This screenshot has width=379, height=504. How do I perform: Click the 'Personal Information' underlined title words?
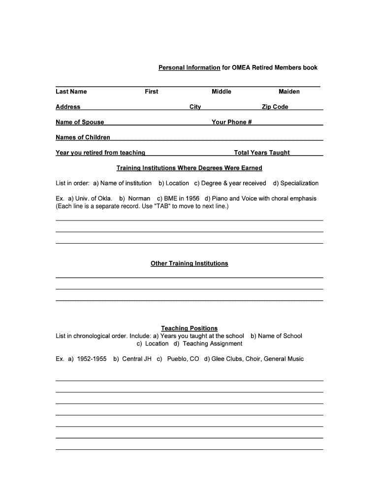189,67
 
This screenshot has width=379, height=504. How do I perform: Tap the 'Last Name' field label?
71,92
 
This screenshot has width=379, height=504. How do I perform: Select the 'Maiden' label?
289,92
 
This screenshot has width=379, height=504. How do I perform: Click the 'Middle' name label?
221,92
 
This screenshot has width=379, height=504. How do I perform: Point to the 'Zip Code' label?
275,107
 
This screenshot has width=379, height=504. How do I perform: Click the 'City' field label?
195,107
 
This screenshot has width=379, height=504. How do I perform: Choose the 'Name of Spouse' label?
80,122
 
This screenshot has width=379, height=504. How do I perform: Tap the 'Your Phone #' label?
231,122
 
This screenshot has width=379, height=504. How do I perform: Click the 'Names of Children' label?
83,137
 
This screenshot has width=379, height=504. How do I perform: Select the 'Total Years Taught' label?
262,153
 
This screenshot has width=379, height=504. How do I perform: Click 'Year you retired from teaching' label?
100,153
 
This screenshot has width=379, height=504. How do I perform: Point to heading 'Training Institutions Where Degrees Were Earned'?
189,168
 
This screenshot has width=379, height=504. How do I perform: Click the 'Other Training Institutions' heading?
189,263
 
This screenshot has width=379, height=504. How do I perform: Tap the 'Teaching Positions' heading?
189,328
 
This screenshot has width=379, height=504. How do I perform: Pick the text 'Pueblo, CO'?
183,359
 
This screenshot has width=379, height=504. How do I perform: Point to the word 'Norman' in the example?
139,198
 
